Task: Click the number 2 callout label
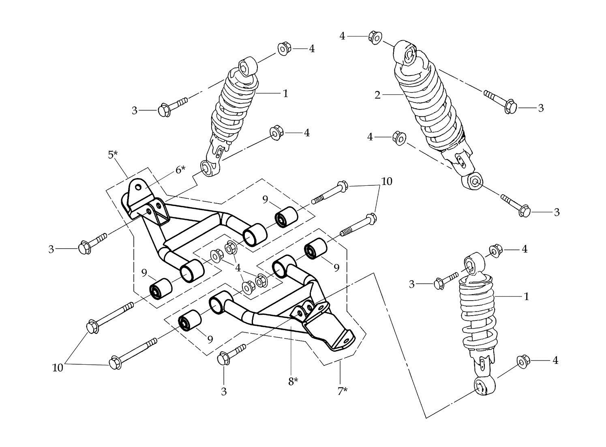377,95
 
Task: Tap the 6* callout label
180,170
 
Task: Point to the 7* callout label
343,391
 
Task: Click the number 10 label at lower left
58,367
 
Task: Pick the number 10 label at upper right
387,181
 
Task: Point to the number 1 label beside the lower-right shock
526,297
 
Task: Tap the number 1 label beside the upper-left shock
285,94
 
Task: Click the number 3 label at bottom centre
224,391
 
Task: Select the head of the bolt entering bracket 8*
223,359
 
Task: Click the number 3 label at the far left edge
51,249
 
